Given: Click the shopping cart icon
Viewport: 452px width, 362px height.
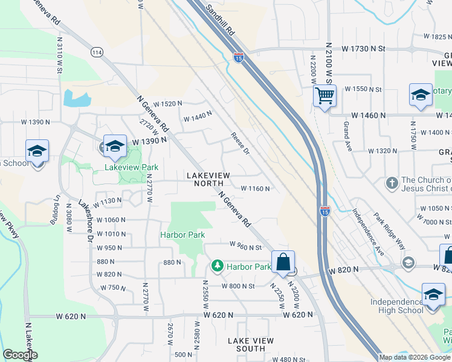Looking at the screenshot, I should [x=324, y=95].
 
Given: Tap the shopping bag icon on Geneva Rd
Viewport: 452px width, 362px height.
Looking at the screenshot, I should [x=283, y=262].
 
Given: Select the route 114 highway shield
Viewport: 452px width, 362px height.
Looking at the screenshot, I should [x=96, y=52].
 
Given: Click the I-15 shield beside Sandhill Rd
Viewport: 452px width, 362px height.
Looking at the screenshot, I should [x=239, y=57].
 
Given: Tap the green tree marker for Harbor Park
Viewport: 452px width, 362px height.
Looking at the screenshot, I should [x=216, y=265].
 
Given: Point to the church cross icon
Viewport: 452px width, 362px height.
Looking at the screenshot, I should [x=392, y=182].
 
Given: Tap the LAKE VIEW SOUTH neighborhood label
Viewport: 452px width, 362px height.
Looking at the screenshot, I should [x=250, y=345].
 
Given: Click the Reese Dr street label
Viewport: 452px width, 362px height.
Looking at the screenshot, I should [x=240, y=143].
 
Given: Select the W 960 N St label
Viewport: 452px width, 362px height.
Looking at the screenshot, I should [x=245, y=246].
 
